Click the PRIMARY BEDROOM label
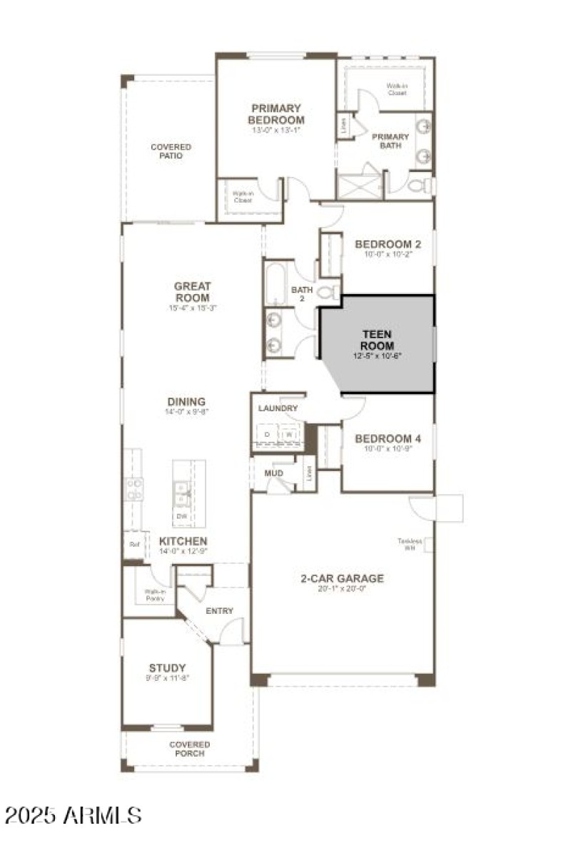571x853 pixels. click(276, 114)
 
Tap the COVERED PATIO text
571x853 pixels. click(171, 151)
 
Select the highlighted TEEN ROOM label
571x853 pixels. click(378, 340)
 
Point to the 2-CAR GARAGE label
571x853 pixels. click(342, 578)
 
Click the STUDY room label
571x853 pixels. click(168, 668)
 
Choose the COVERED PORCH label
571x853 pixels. click(189, 749)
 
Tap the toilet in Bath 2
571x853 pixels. click(329, 293)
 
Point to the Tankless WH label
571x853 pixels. click(410, 544)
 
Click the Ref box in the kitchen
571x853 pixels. click(133, 544)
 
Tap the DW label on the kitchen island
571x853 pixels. click(181, 515)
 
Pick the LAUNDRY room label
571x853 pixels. click(278, 408)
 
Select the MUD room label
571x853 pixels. click(273, 473)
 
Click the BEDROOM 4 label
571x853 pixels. click(388, 439)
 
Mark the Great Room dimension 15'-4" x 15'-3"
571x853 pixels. click(192, 308)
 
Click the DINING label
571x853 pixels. click(186, 402)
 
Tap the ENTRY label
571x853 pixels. click(219, 611)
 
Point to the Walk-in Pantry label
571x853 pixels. click(154, 595)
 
